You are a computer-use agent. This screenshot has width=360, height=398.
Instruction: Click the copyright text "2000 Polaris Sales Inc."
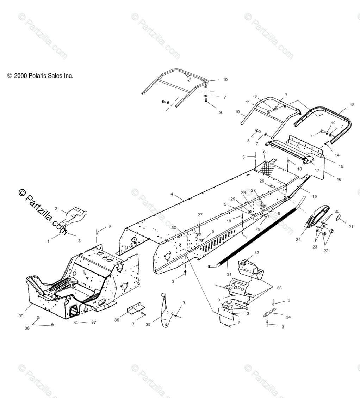pos(43,76)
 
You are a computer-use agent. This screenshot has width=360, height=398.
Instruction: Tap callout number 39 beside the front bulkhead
pos(21,316)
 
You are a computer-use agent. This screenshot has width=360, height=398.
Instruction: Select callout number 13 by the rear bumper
pos(352,105)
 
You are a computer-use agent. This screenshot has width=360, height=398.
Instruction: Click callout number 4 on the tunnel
pos(172,194)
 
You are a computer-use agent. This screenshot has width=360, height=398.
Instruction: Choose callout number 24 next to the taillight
pos(298,240)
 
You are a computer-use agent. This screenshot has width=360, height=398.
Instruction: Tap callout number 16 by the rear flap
pos(339,179)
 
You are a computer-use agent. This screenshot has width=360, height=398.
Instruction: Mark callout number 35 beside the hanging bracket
pos(148,324)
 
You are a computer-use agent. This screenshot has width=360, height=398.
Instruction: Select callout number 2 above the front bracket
pos(56,209)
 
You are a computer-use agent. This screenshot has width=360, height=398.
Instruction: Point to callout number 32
pos(256,252)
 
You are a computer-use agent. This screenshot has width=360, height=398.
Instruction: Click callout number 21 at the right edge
pos(350,227)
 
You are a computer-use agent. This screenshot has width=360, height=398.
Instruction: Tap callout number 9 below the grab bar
pos(221,112)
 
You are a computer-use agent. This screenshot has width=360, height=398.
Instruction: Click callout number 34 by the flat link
pos(288,317)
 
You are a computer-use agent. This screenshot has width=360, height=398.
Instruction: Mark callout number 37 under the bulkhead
pos(94,322)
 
